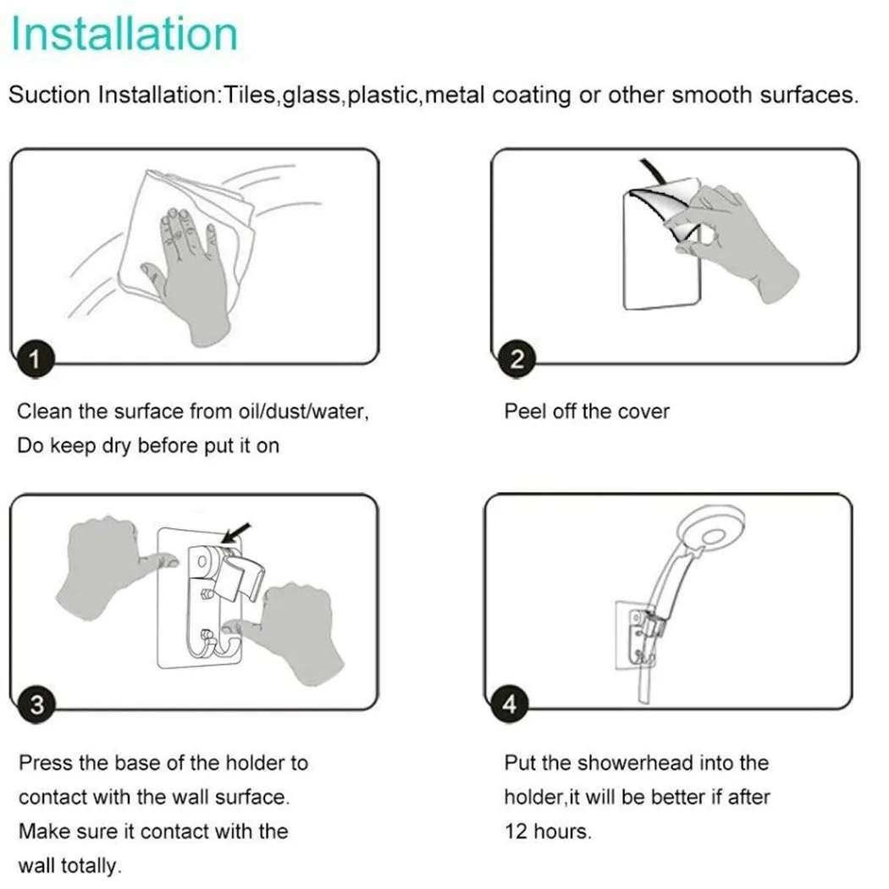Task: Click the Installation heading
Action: coord(124,34)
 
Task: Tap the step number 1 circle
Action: coord(36,359)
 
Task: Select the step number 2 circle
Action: coord(516,359)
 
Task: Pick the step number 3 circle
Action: coord(37,704)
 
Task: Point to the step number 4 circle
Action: coord(510,704)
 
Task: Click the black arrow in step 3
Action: coord(235,533)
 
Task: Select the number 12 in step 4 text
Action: coord(516,831)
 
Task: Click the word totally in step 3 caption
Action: coord(91,866)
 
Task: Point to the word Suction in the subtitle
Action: coord(49,95)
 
